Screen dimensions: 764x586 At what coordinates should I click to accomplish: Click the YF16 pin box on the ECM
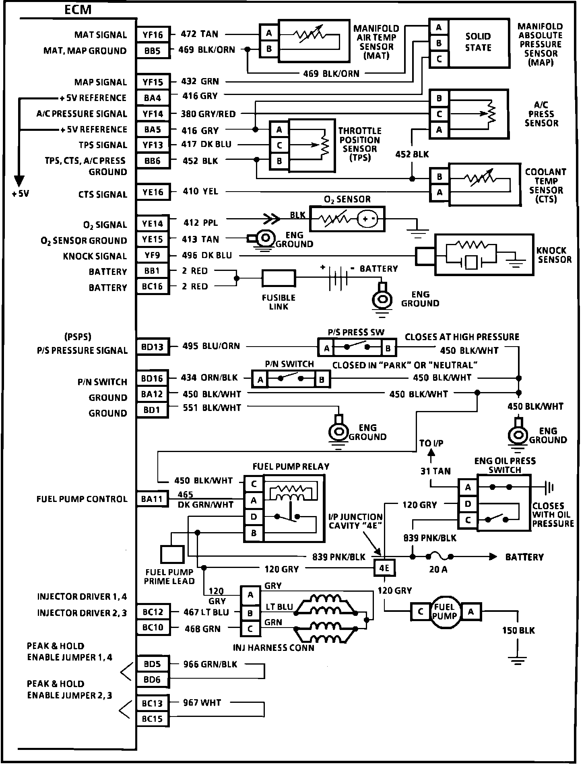coord(153,35)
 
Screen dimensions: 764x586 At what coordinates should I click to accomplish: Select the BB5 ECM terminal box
coord(153,51)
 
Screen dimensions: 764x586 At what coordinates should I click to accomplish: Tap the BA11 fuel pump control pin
coord(152,499)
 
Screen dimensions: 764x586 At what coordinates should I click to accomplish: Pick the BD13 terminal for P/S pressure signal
coord(153,347)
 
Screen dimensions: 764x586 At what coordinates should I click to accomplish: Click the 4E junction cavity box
coord(384,568)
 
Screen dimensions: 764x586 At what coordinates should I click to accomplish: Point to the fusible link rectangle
coord(279,278)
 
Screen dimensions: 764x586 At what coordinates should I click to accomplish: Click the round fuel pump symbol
coord(445,612)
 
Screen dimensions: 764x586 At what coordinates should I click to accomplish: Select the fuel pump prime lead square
coord(172,554)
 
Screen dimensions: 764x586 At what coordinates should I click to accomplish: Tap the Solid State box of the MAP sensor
coord(478,42)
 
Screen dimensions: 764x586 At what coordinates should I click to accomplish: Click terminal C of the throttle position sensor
coord(279,145)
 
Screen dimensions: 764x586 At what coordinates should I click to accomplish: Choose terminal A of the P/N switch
coord(260,379)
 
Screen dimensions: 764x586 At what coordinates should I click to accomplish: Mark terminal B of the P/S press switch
coord(388,348)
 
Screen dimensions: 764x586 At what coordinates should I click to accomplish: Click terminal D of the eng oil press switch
coord(468,504)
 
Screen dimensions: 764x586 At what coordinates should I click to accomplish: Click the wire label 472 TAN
coord(200,34)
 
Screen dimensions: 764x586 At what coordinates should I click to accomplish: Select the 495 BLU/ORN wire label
coord(211,346)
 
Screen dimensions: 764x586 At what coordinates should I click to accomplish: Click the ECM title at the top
coord(78,10)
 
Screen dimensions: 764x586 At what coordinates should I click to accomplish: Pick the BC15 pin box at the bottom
coord(153,719)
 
